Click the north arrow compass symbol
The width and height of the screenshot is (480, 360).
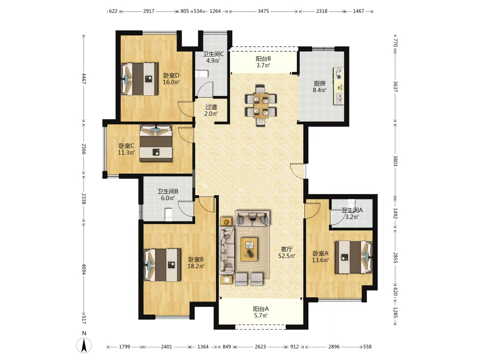[x=84, y=345]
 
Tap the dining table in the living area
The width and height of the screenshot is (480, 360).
[x=261, y=106]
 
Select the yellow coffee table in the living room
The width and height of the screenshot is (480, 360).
[x=249, y=249]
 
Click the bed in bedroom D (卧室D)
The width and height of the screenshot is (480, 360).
[x=140, y=79]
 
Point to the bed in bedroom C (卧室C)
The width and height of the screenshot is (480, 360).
[x=156, y=143]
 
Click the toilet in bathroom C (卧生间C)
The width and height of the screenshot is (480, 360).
[x=202, y=74]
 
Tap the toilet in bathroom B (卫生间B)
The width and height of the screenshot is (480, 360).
[x=168, y=214]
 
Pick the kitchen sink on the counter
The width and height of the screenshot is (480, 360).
[x=339, y=98]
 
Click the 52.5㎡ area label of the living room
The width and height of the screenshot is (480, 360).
[x=287, y=256]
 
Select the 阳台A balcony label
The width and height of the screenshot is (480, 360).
[x=261, y=309]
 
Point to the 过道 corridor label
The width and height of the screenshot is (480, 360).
[x=211, y=107]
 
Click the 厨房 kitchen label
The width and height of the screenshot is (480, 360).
[x=319, y=83]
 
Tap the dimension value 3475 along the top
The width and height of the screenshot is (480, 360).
[x=263, y=11]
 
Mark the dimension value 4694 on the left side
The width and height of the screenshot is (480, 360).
[x=84, y=269]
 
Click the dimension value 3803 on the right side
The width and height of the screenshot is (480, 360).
[x=395, y=161]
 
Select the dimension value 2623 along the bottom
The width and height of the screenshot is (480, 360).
[x=260, y=347]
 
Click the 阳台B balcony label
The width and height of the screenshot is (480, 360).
[x=263, y=59]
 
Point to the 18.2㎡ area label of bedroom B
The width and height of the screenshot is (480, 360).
[x=196, y=266]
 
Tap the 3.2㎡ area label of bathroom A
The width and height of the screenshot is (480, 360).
[x=352, y=217]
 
